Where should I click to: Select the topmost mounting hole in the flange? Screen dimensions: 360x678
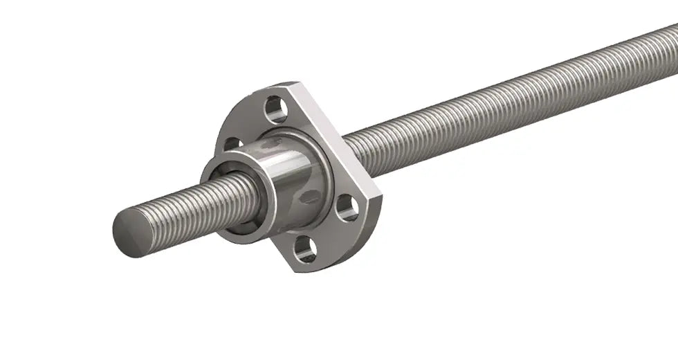[275, 109]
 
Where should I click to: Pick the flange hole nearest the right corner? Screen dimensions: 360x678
[347, 208]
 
